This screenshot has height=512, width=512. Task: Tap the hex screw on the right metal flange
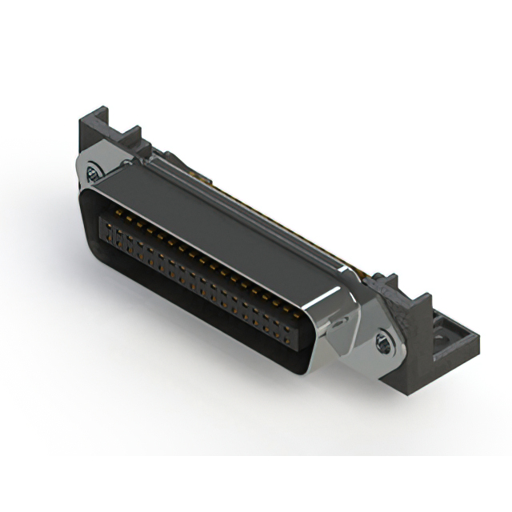383,344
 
